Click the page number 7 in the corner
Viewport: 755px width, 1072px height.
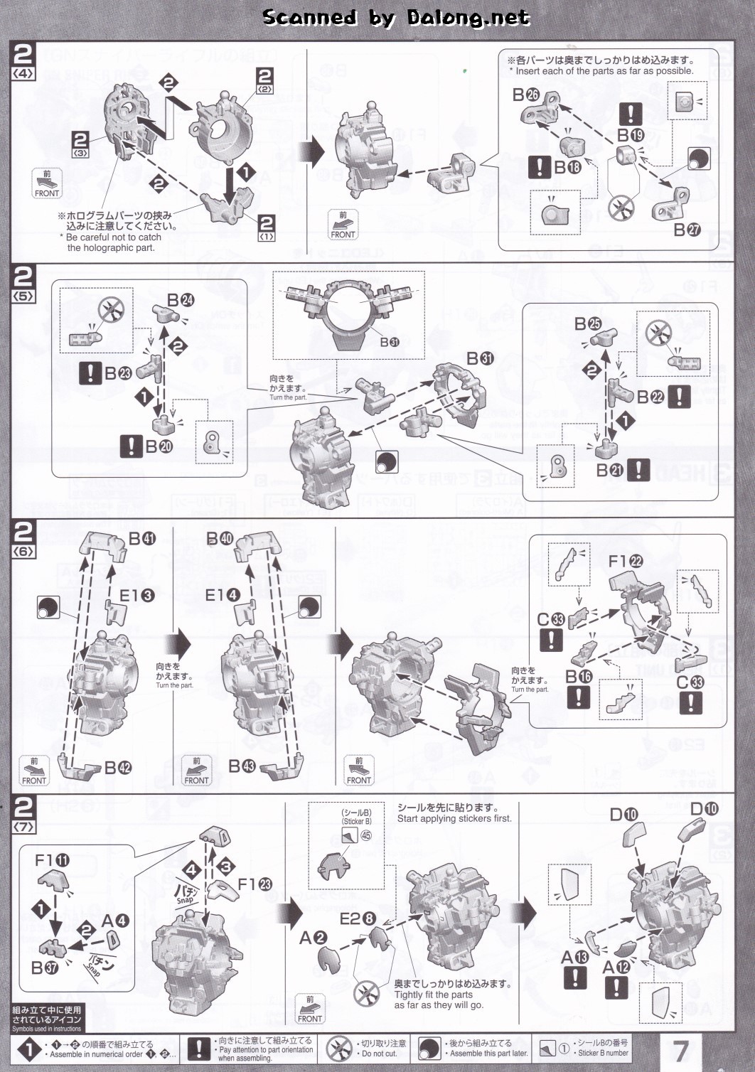[x=681, y=1050]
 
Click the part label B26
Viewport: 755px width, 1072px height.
[x=526, y=95]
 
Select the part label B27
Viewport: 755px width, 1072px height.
[x=687, y=230]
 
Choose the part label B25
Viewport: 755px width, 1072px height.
[x=588, y=324]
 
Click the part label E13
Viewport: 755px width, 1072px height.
[x=136, y=595]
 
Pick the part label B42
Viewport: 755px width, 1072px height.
[x=118, y=768]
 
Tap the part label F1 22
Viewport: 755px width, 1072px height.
[x=626, y=561]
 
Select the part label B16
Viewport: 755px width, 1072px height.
[x=579, y=677]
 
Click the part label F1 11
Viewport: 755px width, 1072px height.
[x=52, y=861]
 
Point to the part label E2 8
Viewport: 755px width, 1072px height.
[x=358, y=918]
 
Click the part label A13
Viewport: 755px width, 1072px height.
[x=574, y=957]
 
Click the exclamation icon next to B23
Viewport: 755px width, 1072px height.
[x=90, y=372]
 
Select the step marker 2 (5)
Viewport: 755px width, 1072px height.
[x=23, y=282]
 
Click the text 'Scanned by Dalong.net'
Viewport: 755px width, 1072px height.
[x=396, y=18]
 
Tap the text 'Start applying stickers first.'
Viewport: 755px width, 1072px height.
[x=454, y=818]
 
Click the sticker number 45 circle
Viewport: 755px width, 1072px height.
[x=366, y=835]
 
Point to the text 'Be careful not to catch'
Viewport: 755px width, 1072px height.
[x=114, y=237]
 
